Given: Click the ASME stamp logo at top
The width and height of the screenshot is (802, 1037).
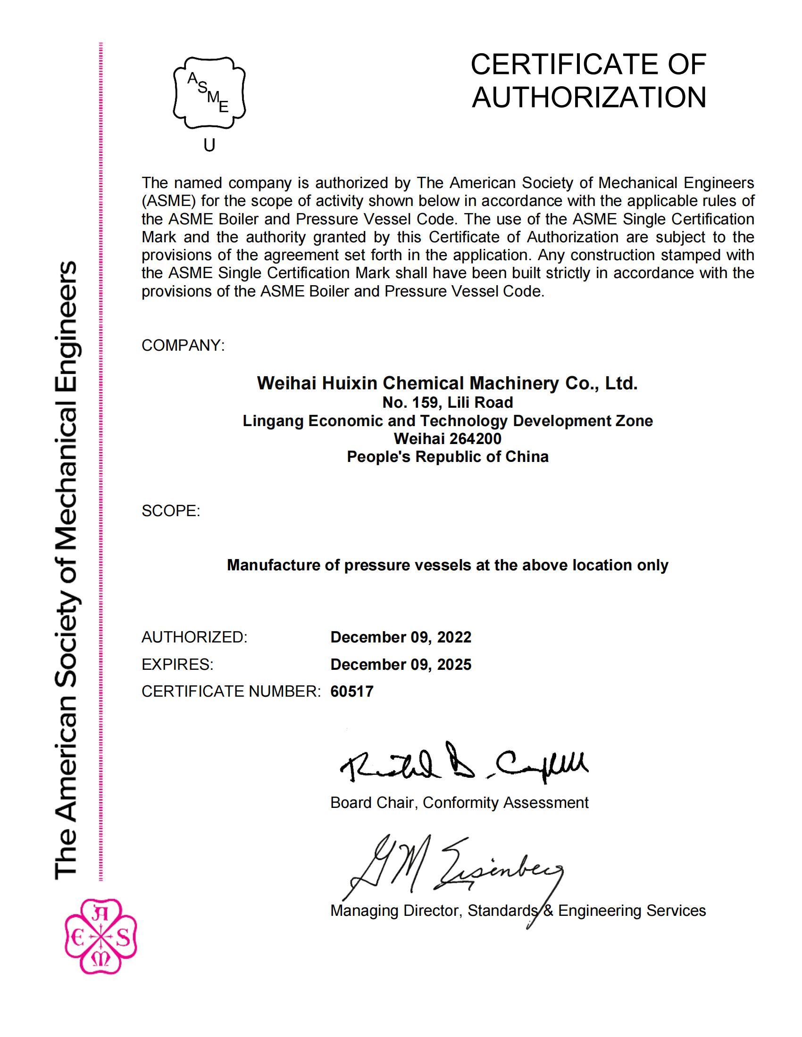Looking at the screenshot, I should [x=209, y=93].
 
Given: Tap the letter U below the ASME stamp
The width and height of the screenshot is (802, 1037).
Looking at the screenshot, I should [x=209, y=145].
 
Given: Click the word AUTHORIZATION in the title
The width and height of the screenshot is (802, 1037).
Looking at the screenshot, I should [x=589, y=98].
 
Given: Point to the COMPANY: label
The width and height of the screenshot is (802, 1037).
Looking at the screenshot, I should [x=183, y=345].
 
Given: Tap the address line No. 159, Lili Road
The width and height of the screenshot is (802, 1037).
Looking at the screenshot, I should [x=448, y=403].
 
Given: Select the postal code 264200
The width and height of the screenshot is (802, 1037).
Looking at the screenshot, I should [x=475, y=438].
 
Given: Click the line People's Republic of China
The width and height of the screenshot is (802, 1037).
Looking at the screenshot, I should [x=448, y=456].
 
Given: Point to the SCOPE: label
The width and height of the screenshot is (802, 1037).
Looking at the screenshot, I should [x=171, y=511].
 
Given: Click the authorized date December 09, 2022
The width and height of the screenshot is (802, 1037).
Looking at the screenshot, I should [x=401, y=637].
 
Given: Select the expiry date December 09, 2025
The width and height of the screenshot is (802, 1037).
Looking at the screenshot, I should [x=401, y=664].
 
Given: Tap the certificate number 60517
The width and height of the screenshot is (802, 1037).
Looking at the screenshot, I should [x=352, y=691].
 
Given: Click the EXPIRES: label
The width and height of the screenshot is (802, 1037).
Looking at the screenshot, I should [x=178, y=664].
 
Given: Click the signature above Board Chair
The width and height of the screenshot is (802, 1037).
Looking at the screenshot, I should [x=463, y=763].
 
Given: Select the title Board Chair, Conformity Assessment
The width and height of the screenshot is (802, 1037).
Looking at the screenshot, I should [x=459, y=802].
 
